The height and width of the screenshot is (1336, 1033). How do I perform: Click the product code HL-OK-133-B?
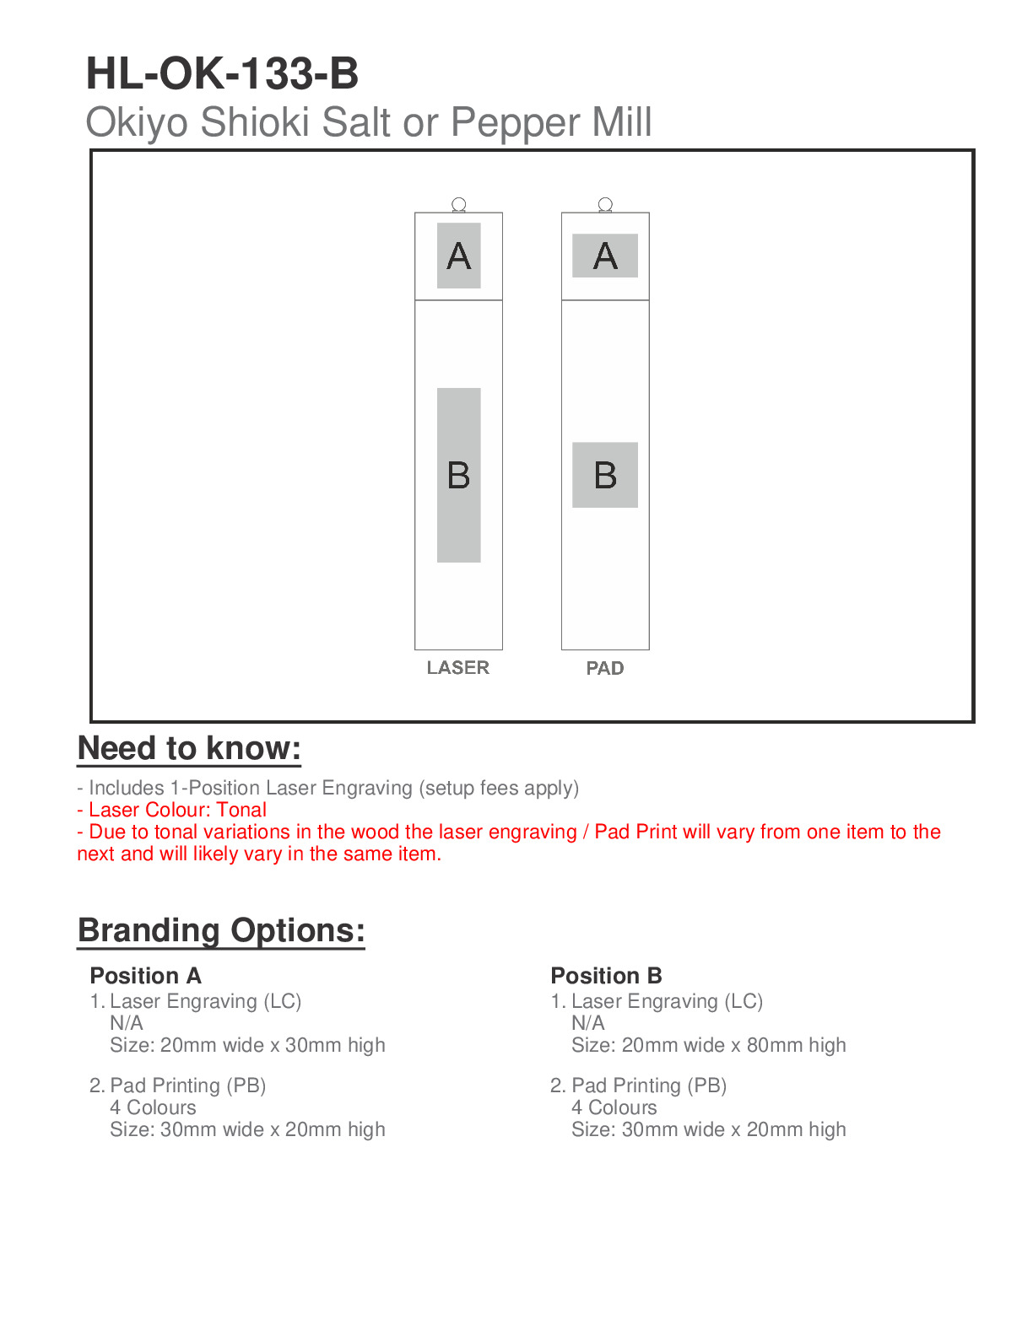click(x=222, y=74)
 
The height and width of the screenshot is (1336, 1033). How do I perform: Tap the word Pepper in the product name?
click(x=514, y=123)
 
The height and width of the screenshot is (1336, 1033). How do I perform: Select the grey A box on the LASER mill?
click(x=458, y=256)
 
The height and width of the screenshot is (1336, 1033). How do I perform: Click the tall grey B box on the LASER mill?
click(x=458, y=475)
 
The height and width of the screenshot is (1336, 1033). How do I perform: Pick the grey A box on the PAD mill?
click(x=605, y=256)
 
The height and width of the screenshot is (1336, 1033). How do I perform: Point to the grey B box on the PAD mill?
click(x=605, y=475)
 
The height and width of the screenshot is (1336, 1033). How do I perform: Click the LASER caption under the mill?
click(x=457, y=668)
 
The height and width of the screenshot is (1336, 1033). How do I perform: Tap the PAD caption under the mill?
click(x=605, y=669)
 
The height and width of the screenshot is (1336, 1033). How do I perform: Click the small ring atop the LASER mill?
click(x=459, y=204)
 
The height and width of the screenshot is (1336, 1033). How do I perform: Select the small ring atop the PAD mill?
click(x=605, y=204)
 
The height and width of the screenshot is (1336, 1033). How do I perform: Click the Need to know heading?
click(x=189, y=749)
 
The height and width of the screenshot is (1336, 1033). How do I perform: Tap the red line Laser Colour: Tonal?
click(x=172, y=810)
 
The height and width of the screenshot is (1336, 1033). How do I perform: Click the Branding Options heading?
click(x=221, y=930)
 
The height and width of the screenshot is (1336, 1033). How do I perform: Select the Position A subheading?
click(x=145, y=976)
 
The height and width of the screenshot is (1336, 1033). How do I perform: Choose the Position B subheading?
click(x=606, y=976)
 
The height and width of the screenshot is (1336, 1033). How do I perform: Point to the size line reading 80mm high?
click(x=708, y=1045)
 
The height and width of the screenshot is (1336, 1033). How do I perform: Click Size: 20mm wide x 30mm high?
click(x=247, y=1045)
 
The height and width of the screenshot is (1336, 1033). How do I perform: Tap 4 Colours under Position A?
click(x=153, y=1107)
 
